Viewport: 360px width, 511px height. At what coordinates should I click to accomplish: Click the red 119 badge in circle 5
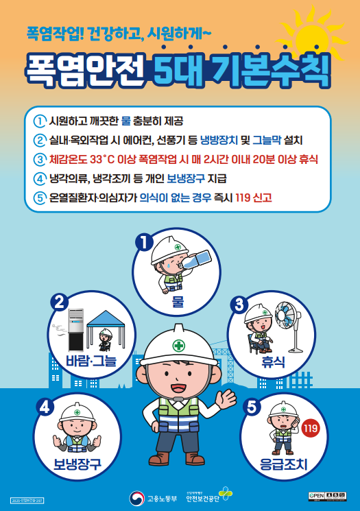point(311,429)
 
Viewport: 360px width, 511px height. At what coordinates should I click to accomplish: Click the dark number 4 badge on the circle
point(46,405)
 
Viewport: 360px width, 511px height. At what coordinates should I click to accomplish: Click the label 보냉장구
point(77,464)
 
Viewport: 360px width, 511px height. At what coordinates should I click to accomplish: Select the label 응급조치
point(283,464)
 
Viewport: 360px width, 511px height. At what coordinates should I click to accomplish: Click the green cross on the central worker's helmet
point(178,345)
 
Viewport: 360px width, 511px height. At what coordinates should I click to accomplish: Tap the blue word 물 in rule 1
point(125,121)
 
